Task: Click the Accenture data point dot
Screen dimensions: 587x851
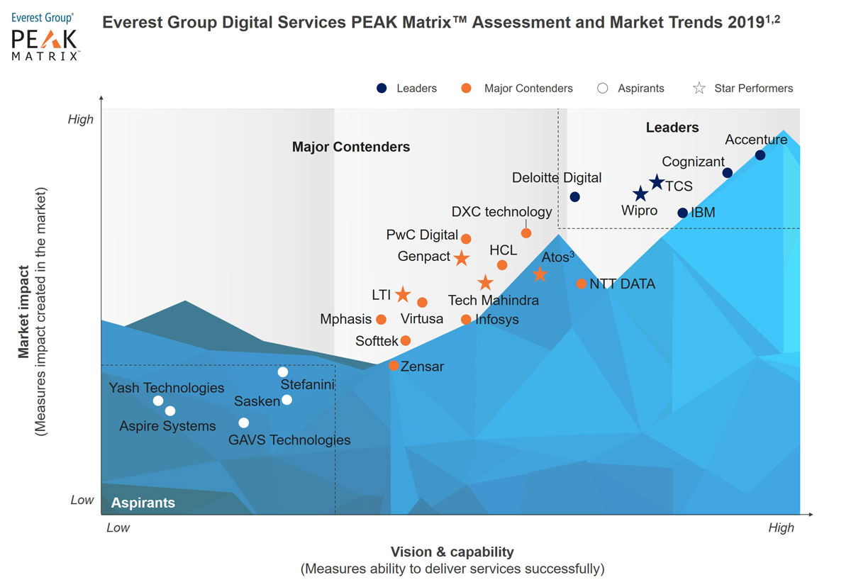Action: tap(760, 155)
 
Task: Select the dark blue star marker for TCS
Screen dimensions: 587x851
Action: tap(657, 183)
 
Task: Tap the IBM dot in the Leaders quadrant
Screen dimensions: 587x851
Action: tap(682, 213)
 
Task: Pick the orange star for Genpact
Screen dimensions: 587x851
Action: tap(461, 258)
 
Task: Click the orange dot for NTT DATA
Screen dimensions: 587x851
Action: tap(581, 284)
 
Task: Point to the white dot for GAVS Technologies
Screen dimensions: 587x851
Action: tap(243, 423)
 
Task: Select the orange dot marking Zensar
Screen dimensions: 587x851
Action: tap(394, 366)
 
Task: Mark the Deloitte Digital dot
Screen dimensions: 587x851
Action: tap(574, 196)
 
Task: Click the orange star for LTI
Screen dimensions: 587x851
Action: tap(402, 294)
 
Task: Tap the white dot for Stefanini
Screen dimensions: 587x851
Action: tap(282, 371)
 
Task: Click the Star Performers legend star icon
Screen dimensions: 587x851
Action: tap(699, 89)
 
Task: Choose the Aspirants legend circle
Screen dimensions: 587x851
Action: tap(603, 89)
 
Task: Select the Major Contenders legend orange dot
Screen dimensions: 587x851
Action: tap(466, 89)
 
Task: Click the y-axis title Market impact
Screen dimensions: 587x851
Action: tap(24, 312)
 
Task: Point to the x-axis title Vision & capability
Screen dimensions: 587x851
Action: tap(452, 552)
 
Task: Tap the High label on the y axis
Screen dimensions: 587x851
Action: tap(80, 119)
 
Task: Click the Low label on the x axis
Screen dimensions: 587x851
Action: tap(118, 527)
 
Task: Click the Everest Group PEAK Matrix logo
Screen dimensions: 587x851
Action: tap(45, 36)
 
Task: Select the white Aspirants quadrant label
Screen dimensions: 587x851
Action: tap(143, 503)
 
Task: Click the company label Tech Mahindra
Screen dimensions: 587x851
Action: tap(493, 301)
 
